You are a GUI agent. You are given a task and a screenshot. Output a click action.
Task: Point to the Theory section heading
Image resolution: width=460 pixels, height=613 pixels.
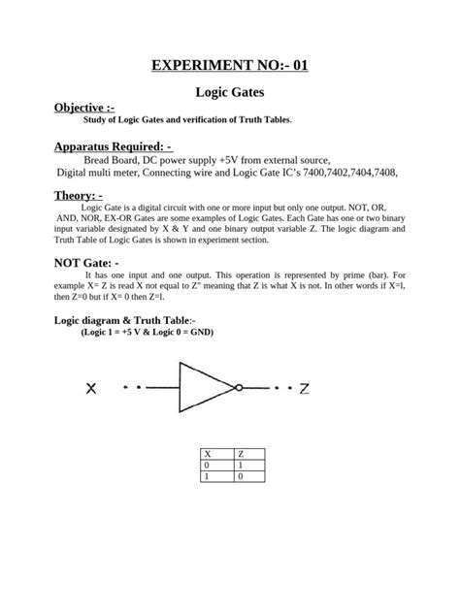(79, 195)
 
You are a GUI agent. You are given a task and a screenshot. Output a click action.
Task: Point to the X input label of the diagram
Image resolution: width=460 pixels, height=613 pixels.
(90, 389)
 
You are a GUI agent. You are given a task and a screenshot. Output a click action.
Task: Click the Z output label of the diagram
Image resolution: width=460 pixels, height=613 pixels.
(304, 389)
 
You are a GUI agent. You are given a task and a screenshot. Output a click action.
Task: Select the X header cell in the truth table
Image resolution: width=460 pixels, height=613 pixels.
(207, 454)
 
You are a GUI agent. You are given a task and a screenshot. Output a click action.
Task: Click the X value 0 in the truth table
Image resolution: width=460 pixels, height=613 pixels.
(207, 466)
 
